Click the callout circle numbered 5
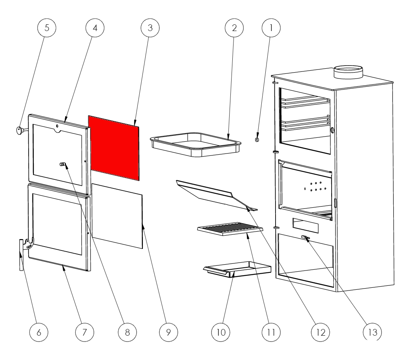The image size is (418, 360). tap(47, 28)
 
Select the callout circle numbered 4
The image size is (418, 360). tap(95, 28)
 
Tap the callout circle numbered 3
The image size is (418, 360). tap(150, 28)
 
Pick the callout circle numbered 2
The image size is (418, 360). tap(234, 28)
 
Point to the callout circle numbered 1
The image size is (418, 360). tap(271, 28)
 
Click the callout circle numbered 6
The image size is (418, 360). tap(39, 332)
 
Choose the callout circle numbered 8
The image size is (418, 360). tap(128, 332)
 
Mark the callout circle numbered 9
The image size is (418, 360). tap(168, 332)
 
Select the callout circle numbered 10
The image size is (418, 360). tap(221, 332)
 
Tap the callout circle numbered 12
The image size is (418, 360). tap(321, 332)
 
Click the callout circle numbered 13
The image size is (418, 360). tap(372, 332)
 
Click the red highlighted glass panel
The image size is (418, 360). tap(114, 148)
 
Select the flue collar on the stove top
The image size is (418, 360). tap(348, 72)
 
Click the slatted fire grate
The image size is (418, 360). tap(230, 229)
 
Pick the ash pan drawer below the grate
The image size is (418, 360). tap(237, 269)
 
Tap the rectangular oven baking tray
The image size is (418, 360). tap(196, 144)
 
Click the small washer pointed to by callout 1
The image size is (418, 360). tap(257, 139)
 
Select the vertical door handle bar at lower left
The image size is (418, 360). tap(21, 255)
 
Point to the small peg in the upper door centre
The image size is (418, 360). tap(62, 164)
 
